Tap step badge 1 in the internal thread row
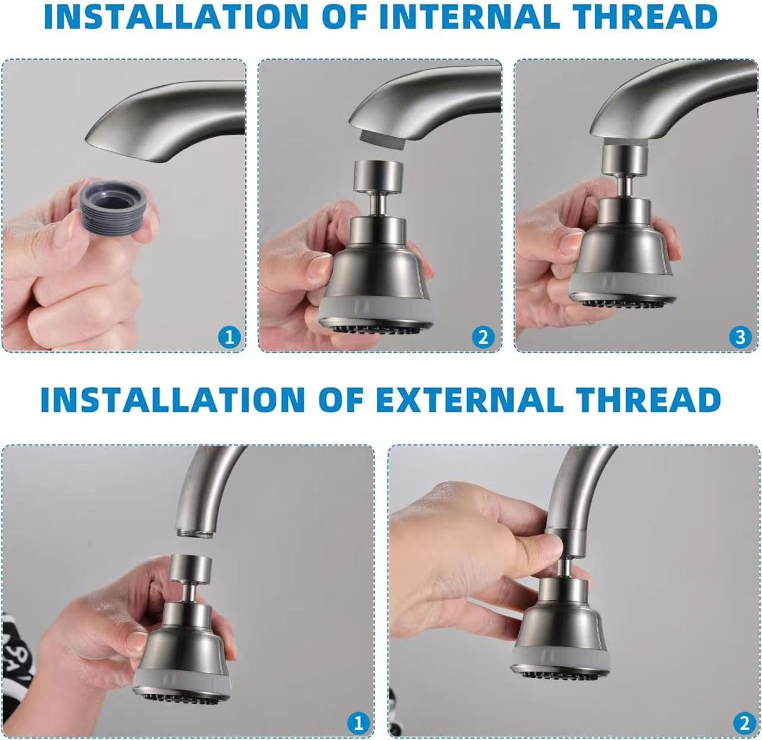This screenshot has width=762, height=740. point(230,338)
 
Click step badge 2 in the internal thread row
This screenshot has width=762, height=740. point(483,338)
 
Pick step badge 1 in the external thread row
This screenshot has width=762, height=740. point(358,723)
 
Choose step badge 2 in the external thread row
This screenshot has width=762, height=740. point(745,723)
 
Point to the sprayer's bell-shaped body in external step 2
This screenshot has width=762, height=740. point(555,632)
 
